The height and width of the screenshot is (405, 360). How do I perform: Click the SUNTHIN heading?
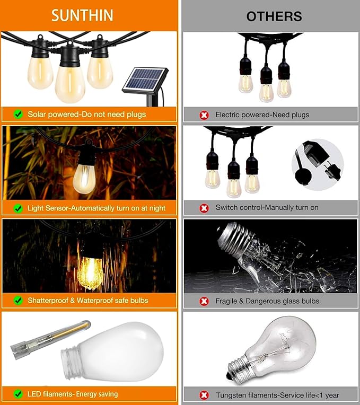coord(82,15)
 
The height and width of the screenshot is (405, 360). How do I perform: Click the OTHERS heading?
coord(274,16)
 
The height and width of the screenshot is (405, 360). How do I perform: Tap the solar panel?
coord(145,80)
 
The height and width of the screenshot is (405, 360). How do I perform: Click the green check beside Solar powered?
coord(18,114)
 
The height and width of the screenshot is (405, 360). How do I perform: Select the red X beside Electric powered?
coord(204,115)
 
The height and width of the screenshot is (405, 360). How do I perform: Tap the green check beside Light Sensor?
coord(18,208)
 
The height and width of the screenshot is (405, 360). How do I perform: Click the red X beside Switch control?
coord(204,208)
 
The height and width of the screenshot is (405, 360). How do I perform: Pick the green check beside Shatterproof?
coord(18,301)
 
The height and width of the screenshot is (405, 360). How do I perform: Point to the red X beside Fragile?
coord(204,301)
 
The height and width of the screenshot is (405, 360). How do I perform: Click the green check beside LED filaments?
coord(18,394)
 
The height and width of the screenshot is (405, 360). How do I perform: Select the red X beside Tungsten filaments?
coord(204,395)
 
